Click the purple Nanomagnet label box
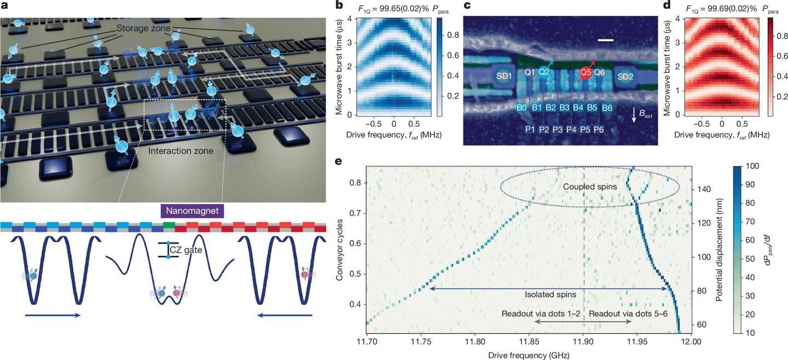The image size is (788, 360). click(192, 211)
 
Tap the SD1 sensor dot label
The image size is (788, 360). click(504, 76)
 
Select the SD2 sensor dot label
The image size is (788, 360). click(625, 76)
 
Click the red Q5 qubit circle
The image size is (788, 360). click(586, 73)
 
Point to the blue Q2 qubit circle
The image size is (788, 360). click(544, 72)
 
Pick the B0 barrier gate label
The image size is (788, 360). click(522, 108)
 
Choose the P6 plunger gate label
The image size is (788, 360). click(599, 130)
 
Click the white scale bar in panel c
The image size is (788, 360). click(605, 40)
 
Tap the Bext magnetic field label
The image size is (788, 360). click(646, 114)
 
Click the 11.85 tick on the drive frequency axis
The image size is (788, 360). click(529, 341)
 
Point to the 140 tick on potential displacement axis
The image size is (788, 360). click(704, 189)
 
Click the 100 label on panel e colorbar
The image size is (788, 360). click(752, 166)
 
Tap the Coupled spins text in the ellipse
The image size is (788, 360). click(590, 187)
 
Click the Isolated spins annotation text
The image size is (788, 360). click(551, 294)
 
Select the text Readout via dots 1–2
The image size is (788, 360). click(541, 313)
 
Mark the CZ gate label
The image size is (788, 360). click(186, 250)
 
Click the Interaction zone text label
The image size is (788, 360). click(181, 151)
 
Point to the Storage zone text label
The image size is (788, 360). click(143, 28)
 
